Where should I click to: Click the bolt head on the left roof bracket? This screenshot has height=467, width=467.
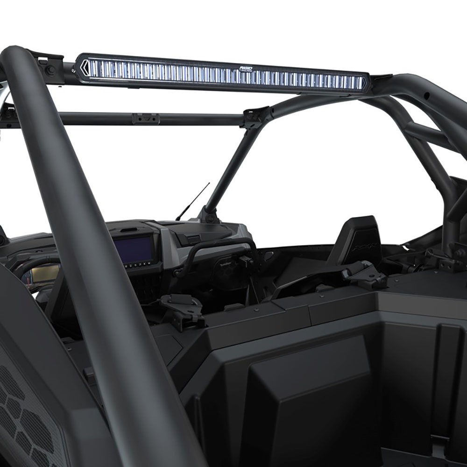click(x=48, y=70)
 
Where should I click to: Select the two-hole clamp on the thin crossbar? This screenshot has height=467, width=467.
click(x=145, y=118)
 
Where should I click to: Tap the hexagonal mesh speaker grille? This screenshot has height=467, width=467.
click(x=23, y=411)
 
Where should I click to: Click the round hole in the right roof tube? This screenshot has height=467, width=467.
click(x=426, y=96)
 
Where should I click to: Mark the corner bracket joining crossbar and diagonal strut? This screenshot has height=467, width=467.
click(x=256, y=117)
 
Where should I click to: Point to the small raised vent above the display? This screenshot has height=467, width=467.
click(x=132, y=230)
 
